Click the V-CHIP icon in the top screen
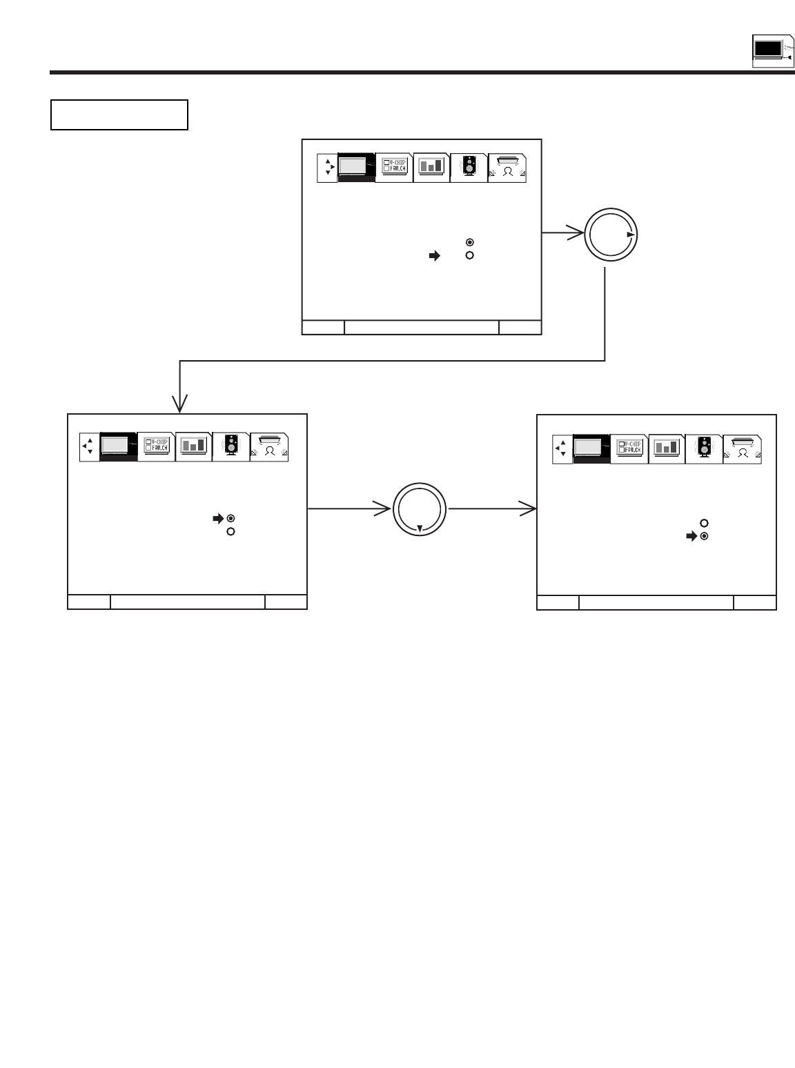pos(394,166)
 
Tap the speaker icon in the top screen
pos(469,166)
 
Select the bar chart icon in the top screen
pos(431,166)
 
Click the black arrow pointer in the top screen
pos(434,256)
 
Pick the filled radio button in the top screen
pos(469,242)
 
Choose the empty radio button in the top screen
pos(469,255)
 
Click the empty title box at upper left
pos(119,115)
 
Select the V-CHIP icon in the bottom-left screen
pos(156,446)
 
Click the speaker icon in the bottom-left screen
pos(231,446)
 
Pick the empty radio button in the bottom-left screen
pos(231,531)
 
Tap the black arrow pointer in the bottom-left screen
pos(218,518)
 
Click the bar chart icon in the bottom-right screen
pos(667,447)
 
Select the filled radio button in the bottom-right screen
pos(704,536)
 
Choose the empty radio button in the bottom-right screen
pos(704,523)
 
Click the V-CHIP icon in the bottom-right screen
pos(629,447)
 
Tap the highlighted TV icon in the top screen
pos(356,167)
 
